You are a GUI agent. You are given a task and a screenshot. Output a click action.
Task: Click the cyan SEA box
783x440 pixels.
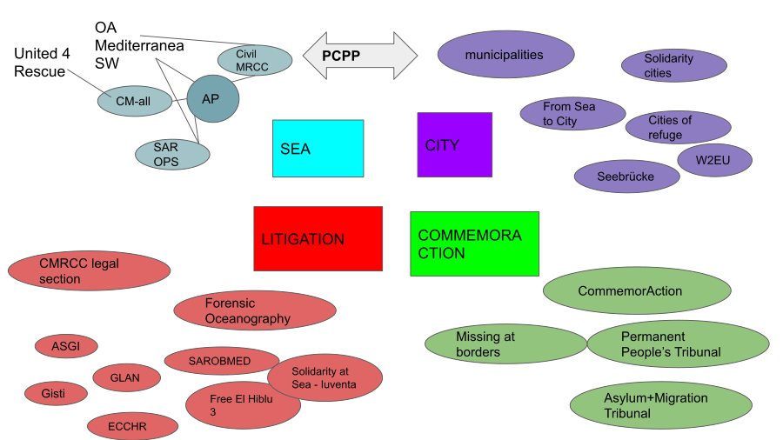coord(318,149)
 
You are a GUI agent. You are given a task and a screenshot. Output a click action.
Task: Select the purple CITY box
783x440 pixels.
coord(454,145)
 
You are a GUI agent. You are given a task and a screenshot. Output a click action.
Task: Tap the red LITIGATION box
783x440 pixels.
coord(318,238)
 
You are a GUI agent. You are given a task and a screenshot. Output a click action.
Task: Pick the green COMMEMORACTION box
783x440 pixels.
coord(474,243)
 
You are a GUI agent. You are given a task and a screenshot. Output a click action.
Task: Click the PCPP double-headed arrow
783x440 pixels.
coord(360,56)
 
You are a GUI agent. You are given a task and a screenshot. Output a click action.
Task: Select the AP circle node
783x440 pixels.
coord(211,99)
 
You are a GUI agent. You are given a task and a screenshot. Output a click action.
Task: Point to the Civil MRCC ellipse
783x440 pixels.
coord(252,60)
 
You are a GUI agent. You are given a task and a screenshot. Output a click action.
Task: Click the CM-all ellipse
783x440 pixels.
coord(135,101)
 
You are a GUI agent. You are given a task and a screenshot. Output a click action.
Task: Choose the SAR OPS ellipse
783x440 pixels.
coord(172,154)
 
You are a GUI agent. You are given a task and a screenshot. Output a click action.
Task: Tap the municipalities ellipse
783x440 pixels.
coord(505,55)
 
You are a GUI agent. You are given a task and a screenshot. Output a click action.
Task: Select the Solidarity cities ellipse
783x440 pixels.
coord(673,66)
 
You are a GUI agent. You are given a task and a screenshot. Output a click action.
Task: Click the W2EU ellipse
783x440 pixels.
coord(715,160)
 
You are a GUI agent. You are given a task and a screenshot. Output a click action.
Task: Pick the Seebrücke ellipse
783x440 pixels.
coord(626,176)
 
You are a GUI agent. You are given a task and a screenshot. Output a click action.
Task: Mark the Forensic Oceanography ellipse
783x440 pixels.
coord(255,310)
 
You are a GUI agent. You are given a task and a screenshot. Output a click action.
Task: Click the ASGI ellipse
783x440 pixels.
coord(66,346)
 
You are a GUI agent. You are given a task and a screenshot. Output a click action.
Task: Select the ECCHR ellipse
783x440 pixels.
coord(132,426)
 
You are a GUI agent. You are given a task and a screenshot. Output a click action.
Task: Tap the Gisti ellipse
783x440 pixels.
coord(57,393)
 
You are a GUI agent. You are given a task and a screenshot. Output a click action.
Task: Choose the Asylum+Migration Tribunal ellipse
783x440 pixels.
coord(660,405)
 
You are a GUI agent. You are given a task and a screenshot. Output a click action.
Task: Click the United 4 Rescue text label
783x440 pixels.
coord(40,63)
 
